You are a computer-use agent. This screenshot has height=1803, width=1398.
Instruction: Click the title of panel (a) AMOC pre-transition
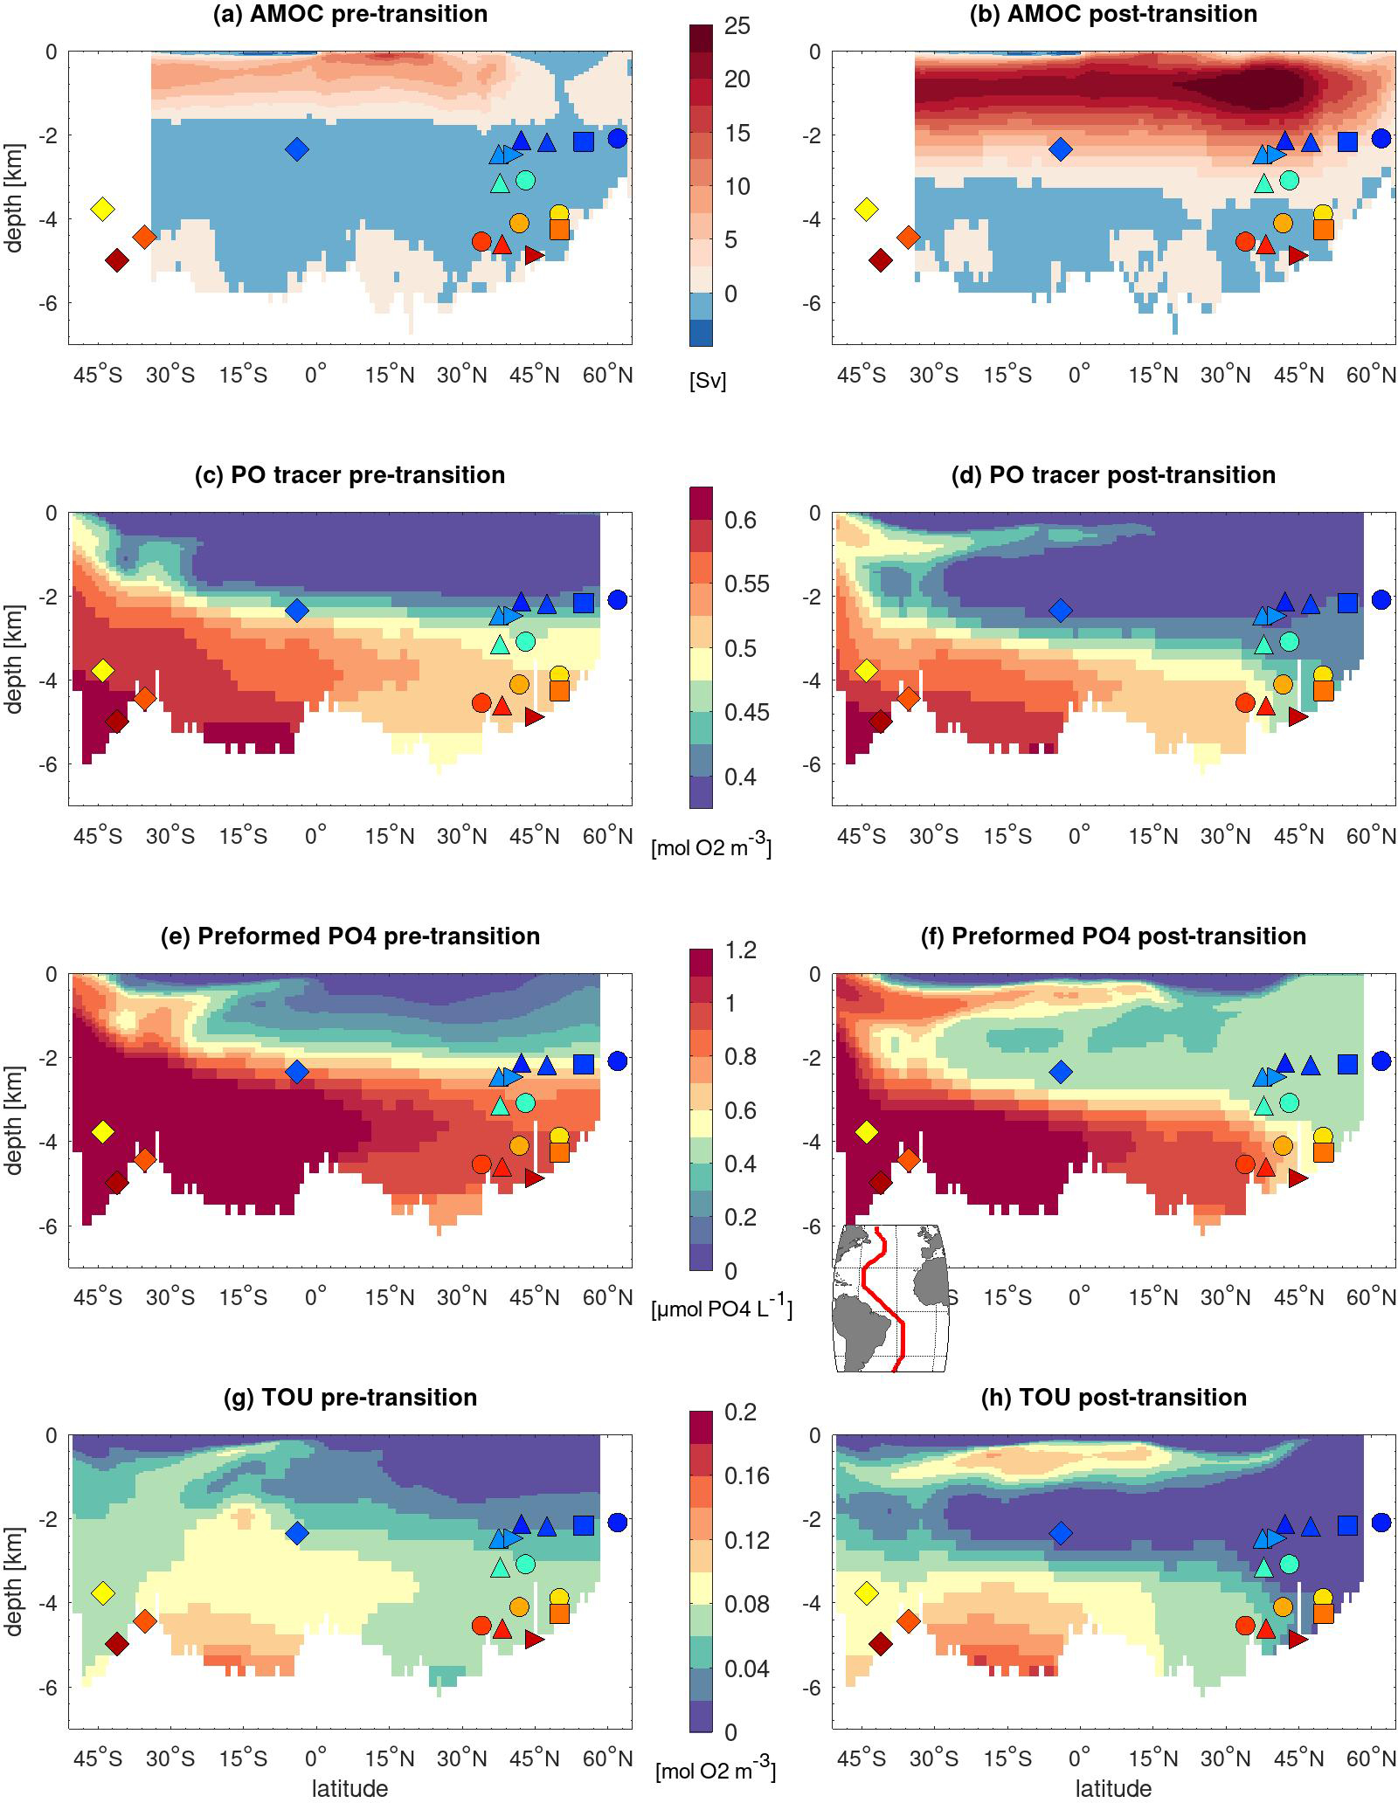pos(349,14)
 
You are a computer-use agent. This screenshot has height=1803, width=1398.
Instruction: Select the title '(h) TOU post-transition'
pos(1113,1397)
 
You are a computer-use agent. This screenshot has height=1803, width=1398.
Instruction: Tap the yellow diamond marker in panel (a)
pos(103,209)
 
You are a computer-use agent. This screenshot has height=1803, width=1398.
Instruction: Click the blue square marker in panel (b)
pos(1347,142)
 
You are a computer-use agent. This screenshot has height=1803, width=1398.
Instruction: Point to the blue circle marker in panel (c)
pos(618,599)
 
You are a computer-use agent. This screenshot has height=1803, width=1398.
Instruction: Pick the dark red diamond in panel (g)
pos(117,1644)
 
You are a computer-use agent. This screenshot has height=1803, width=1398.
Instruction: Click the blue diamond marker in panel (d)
pos(1060,610)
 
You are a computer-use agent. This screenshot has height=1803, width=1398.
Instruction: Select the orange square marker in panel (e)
pos(559,1152)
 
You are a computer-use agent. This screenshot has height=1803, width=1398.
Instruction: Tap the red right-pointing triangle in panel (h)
pos(1298,1640)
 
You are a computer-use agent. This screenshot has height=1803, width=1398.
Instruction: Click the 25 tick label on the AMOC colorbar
pos(737,26)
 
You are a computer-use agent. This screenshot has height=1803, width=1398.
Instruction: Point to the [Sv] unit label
pos(707,381)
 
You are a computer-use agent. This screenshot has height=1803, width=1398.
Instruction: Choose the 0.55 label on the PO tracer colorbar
pos(747,584)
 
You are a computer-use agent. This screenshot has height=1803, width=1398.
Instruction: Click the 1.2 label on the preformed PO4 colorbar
pos(741,950)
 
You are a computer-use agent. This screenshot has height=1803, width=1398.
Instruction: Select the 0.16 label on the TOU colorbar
pos(747,1475)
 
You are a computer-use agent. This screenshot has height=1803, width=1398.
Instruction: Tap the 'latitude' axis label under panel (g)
pos(349,1788)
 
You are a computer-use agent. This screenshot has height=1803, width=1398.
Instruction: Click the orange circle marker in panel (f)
pos(1283,1145)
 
